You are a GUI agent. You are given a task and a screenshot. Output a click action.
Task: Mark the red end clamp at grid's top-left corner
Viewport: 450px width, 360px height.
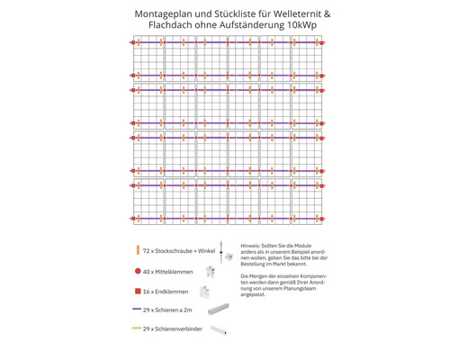pos(132,43)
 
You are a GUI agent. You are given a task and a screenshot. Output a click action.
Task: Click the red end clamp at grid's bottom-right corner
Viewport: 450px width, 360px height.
pos(321,218)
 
